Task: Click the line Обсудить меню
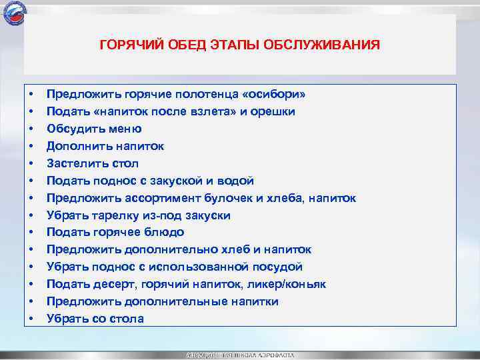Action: pos(93,129)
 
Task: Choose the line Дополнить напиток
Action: pos(105,146)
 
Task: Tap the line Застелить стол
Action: pos(92,163)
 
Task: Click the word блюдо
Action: pos(166,233)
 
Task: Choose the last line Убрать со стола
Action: pos(95,319)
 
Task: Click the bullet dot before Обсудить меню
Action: pos(32,129)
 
